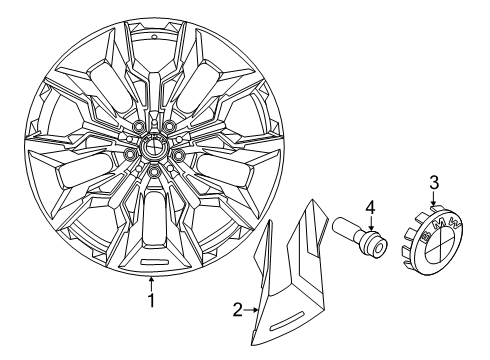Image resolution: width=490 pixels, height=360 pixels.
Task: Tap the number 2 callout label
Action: pos(236,311)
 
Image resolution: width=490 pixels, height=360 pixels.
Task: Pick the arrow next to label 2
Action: pos(252,311)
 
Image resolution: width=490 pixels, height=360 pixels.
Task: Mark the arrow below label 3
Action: pos(434,200)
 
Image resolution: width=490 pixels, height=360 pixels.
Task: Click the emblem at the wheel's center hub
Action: pos(154,145)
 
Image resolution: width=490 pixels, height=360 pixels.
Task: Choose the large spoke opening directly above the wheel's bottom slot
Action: pos(153,224)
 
